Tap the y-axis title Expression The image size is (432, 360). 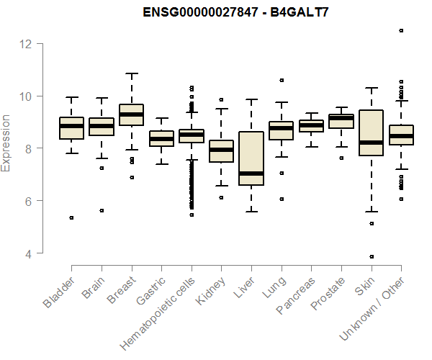(6, 143)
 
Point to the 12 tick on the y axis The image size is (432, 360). (26, 44)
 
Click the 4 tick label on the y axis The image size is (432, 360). (26, 253)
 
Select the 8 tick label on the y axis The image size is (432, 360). (26, 148)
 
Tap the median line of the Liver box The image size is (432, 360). (251, 174)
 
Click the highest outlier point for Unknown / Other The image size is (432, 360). (401, 30)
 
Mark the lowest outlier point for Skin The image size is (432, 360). (371, 256)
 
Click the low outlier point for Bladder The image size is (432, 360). (71, 217)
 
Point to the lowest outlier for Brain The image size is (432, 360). (102, 210)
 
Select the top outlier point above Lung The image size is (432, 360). (281, 80)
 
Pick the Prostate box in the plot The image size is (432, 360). (341, 121)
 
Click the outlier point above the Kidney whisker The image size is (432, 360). (221, 99)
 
